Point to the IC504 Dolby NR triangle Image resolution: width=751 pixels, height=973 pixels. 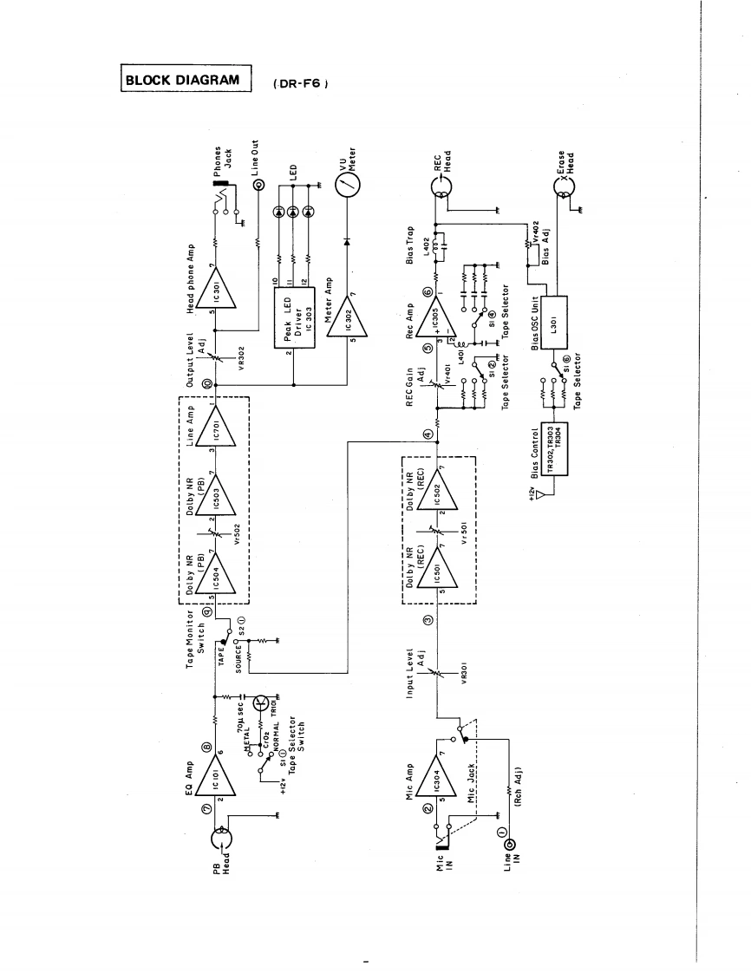[x=209, y=571]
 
